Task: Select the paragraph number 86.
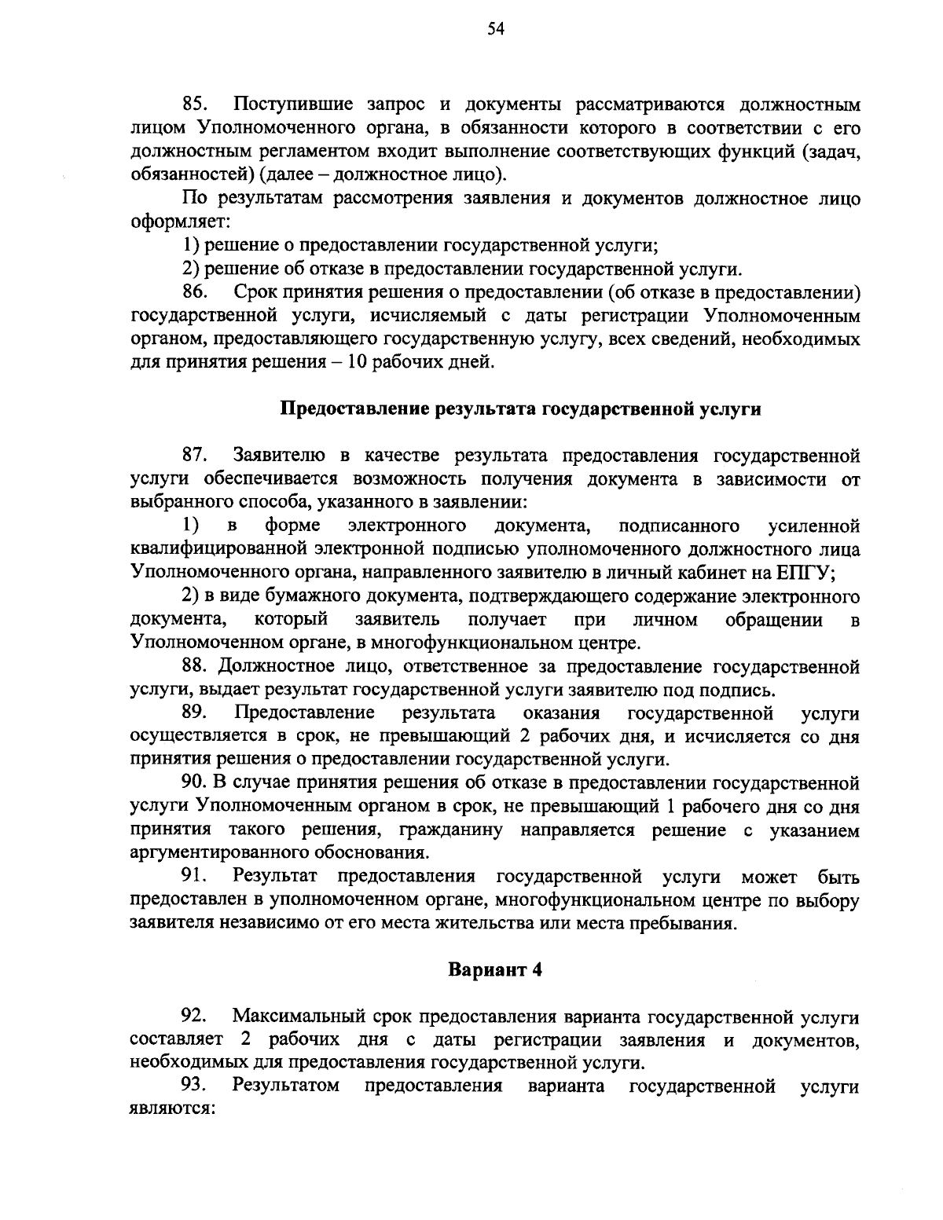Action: point(195,292)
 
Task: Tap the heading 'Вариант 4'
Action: point(495,969)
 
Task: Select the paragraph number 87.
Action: point(195,455)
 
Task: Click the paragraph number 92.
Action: point(195,1017)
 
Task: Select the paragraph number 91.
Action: point(195,876)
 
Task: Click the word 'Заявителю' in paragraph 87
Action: point(279,455)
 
